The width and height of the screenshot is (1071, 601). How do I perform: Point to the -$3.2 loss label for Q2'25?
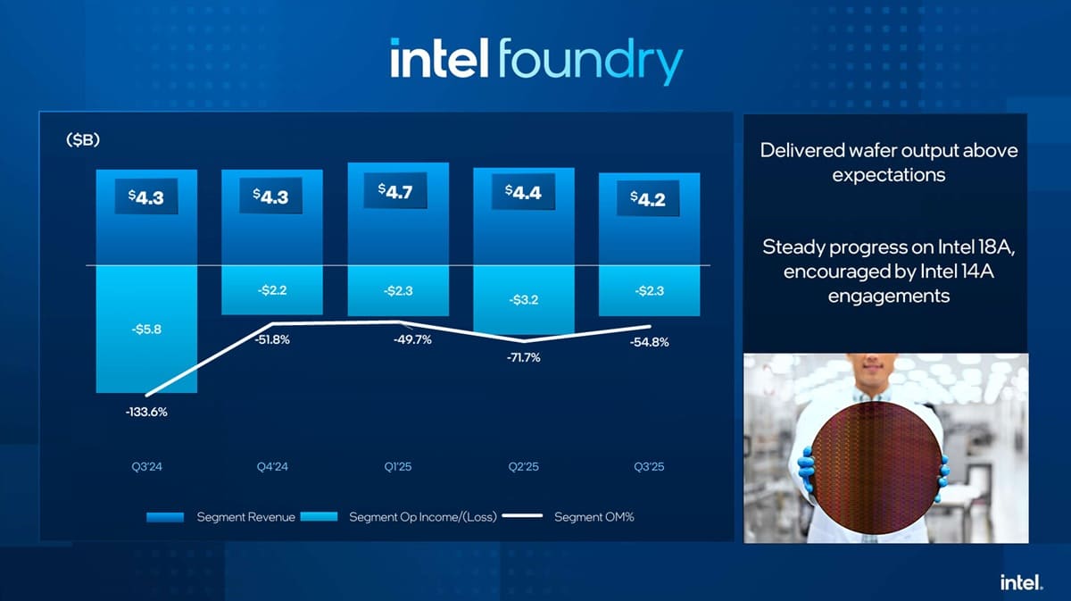coord(522,299)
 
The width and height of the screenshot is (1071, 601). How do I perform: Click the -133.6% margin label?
coord(146,412)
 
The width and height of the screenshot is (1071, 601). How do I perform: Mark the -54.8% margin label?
coord(649,342)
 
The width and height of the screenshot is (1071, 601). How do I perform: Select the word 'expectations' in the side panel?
coord(888,175)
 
